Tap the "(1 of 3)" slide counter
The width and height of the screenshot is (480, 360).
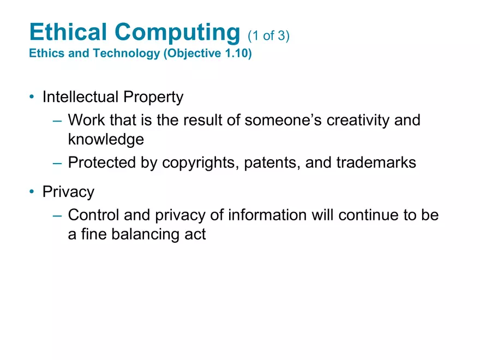point(268,36)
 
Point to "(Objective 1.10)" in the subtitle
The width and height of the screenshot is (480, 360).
point(207,55)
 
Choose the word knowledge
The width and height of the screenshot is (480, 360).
point(106,140)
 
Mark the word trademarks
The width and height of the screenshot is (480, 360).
point(376,163)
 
